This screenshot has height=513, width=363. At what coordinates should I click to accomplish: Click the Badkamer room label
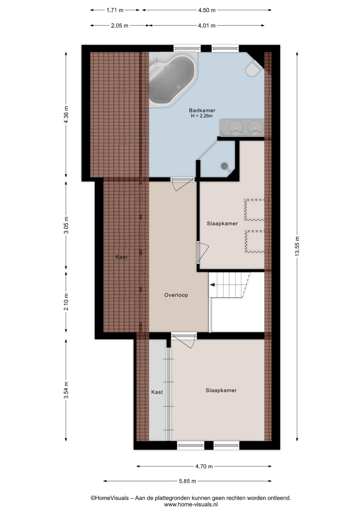[x=202, y=110]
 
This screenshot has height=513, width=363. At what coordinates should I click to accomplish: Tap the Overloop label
[x=176, y=295]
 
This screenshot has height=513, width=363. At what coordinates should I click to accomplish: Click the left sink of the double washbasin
[x=236, y=127]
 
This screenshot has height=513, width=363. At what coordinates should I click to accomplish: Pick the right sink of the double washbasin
[x=255, y=127]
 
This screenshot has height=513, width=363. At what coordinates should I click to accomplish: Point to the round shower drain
[x=224, y=166]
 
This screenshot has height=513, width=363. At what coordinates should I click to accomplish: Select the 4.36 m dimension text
[x=66, y=114]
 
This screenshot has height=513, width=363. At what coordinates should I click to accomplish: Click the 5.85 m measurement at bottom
[x=187, y=481]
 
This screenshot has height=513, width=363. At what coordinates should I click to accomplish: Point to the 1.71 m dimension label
[x=115, y=10]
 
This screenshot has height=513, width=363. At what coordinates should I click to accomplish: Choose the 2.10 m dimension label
[x=66, y=302]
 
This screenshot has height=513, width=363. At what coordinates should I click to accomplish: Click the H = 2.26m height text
[x=202, y=116]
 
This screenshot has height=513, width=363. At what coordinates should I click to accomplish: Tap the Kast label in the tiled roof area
[x=121, y=257]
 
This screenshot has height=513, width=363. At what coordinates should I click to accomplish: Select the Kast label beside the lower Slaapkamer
[x=157, y=392]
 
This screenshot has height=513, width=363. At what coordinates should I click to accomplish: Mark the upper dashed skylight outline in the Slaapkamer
[x=255, y=210]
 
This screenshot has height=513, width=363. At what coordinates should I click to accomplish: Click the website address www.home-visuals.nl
[x=191, y=504]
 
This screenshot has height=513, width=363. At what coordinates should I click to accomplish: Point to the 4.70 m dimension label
[x=204, y=467]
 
